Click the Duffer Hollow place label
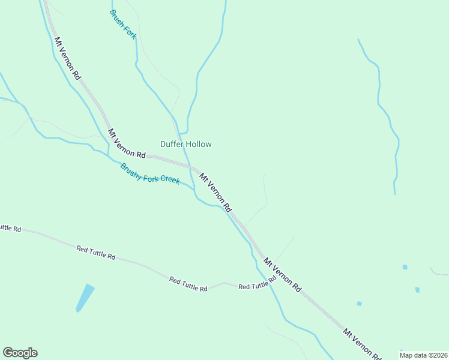pos(185,144)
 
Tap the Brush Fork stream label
pos(124,25)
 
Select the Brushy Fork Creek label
pos(149,174)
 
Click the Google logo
pos(20,353)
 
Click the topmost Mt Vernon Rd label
pos(68,59)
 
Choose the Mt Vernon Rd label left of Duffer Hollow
pos(127,143)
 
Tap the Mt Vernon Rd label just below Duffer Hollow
pos(215,192)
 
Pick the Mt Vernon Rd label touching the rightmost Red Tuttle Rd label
pos(282,275)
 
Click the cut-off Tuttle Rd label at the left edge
pos(10,228)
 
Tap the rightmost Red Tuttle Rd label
pos(257,283)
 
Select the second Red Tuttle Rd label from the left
pos(95,252)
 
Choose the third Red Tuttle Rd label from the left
pos(188,284)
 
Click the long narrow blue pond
pos(85,298)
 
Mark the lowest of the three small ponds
pos(359,304)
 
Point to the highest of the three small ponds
pos(405,267)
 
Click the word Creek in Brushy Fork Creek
pos(169,179)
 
